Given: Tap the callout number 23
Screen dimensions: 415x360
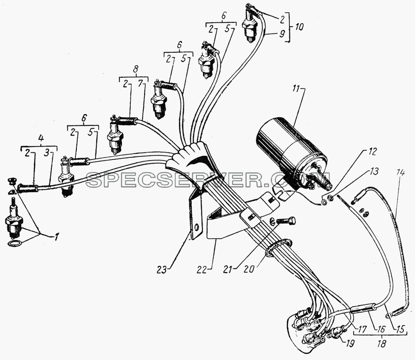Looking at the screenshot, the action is coord(162,270).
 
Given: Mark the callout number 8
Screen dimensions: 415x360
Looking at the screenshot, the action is coord(135,70).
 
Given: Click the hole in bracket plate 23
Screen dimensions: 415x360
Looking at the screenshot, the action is coord(196,227).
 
